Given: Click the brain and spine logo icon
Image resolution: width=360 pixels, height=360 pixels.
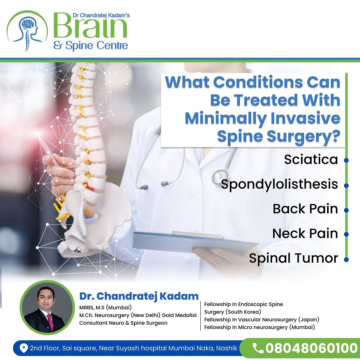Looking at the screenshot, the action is pyautogui.click(x=27, y=31).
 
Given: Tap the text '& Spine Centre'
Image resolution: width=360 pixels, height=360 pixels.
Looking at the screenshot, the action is pyautogui.click(x=90, y=45).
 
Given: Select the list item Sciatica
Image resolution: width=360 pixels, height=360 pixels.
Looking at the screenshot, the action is pyautogui.click(x=311, y=159).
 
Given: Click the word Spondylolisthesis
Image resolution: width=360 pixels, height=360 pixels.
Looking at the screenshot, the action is pyautogui.click(x=279, y=185).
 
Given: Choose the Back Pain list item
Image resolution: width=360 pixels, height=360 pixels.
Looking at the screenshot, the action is pyautogui.click(x=305, y=209).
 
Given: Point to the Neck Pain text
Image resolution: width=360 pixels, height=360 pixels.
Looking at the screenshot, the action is pyautogui.click(x=305, y=233).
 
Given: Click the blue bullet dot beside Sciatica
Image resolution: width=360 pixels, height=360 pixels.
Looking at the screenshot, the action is pyautogui.click(x=346, y=160).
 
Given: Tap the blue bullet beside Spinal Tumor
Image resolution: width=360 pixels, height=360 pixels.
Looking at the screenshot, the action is pyautogui.click(x=346, y=260).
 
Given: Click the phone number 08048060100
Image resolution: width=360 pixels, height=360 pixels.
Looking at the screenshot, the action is pyautogui.click(x=311, y=348).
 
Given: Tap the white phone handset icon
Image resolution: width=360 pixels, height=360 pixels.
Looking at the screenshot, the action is pyautogui.click(x=258, y=348).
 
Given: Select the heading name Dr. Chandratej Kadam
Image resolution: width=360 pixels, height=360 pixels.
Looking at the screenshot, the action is pyautogui.click(x=139, y=296).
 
